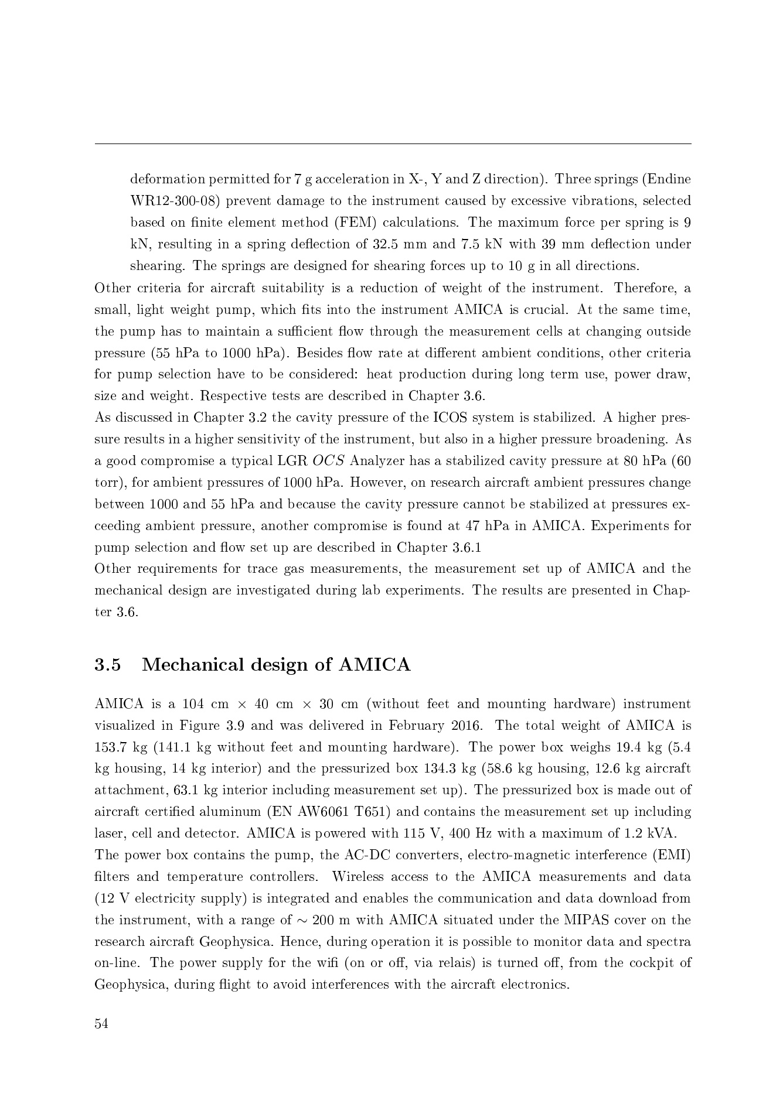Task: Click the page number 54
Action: (101, 1023)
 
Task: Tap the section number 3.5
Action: (108, 665)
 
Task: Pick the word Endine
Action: (672, 179)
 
